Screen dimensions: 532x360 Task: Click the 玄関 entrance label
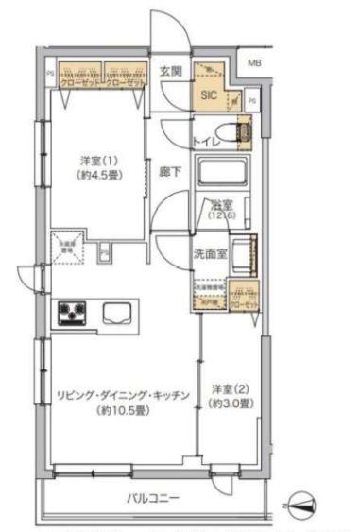point(171,71)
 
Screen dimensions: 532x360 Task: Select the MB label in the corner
point(253,63)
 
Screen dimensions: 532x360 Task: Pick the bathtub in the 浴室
point(223,175)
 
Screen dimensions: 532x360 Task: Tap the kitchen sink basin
point(117,312)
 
